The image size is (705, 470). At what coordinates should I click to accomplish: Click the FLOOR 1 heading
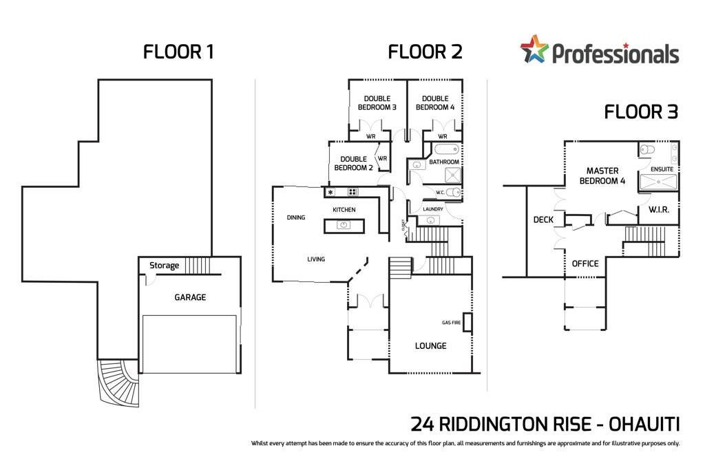178,52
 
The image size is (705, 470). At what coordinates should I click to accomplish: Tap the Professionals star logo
534,50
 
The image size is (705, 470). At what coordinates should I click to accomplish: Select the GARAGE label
190,297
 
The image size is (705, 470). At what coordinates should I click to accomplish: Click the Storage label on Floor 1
164,266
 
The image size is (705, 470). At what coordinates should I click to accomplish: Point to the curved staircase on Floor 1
118,383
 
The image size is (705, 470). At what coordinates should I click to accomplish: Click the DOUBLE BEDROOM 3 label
377,103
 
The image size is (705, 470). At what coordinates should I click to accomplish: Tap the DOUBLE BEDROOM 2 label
353,163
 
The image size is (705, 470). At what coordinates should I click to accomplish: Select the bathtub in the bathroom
446,149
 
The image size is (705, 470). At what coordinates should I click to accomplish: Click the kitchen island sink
344,224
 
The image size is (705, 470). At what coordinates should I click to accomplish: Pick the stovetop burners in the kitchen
352,192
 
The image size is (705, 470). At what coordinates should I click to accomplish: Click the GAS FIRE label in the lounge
451,323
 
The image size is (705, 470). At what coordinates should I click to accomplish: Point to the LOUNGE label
430,345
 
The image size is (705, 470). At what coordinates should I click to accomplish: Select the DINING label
296,217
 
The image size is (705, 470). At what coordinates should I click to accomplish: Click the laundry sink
430,220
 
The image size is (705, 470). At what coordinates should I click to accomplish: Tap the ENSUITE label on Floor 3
662,169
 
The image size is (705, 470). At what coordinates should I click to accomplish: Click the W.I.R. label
659,209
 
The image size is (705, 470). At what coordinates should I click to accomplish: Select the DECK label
543,220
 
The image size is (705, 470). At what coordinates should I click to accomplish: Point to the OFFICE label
585,264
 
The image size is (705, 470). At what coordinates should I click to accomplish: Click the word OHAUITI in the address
644,424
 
